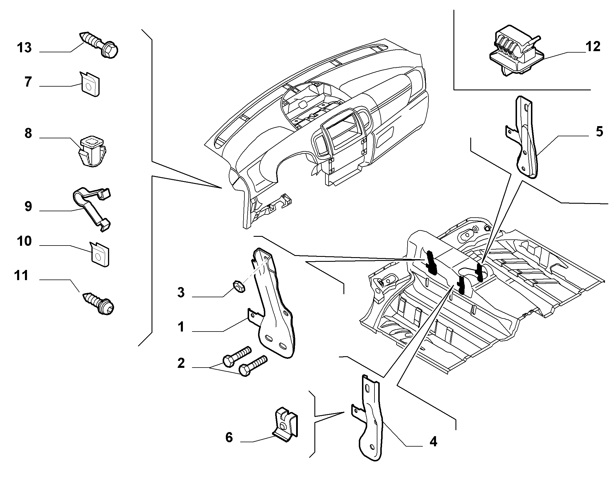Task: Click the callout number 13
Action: point(24,47)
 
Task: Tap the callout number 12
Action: point(592,46)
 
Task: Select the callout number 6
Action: point(229,437)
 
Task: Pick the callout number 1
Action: point(181,327)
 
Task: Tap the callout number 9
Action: point(28,207)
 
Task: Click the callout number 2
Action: point(181,363)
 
